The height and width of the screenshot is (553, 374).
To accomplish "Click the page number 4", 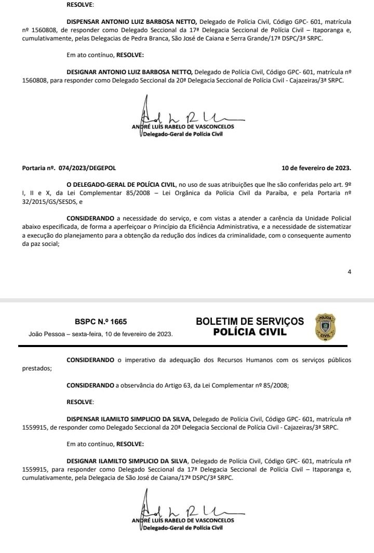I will (x=350, y=272).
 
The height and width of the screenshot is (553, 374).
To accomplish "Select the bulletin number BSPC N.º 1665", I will (x=100, y=322).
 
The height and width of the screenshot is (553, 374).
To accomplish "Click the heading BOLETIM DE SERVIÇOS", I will (x=250, y=322).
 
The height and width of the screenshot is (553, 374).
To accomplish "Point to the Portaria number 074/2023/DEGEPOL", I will (x=77, y=169).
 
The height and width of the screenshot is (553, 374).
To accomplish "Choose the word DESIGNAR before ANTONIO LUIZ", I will (x=82, y=72).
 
